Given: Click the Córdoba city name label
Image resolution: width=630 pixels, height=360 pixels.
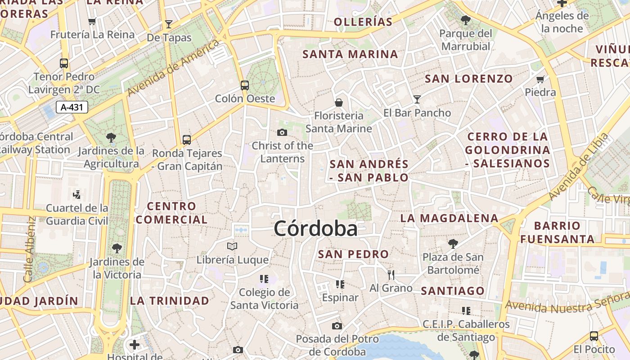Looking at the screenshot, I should point(315,229).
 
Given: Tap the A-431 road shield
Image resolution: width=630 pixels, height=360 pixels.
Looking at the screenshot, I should point(72,107).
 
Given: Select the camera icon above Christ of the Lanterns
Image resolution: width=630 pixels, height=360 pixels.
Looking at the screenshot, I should point(282,132).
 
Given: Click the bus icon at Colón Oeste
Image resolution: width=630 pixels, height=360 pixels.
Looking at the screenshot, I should point(245,85).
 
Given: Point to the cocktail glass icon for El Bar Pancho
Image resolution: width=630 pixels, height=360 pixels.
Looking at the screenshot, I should point(417,99).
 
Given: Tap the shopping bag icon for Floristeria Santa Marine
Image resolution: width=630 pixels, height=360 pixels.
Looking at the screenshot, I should point(339,103).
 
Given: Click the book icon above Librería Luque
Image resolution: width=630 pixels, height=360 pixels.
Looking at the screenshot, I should point(232,246).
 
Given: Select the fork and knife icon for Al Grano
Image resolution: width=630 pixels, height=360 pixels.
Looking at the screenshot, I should point(391,274).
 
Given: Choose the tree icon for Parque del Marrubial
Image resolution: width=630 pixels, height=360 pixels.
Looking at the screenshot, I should point(466,20).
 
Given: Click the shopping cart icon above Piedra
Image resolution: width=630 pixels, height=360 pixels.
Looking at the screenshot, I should point(540,79).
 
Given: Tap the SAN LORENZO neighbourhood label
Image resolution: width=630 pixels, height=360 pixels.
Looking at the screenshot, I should point(469,79).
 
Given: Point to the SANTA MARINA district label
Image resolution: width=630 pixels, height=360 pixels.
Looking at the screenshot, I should point(350,54).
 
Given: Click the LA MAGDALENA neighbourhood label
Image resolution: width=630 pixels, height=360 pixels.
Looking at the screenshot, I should point(450,218).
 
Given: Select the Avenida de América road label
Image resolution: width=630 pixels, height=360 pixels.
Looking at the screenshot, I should point(174,67).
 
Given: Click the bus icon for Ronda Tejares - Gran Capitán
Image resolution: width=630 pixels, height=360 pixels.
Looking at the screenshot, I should point(187,139).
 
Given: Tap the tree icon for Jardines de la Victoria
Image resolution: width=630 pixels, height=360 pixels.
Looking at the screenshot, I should point(117,248).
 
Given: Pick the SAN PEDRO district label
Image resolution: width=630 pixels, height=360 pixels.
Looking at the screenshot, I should point(353,254).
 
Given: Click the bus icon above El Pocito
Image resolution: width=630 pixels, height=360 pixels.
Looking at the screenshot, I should point(594,336).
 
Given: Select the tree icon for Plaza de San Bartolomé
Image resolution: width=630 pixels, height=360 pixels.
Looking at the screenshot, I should point(453,244).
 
